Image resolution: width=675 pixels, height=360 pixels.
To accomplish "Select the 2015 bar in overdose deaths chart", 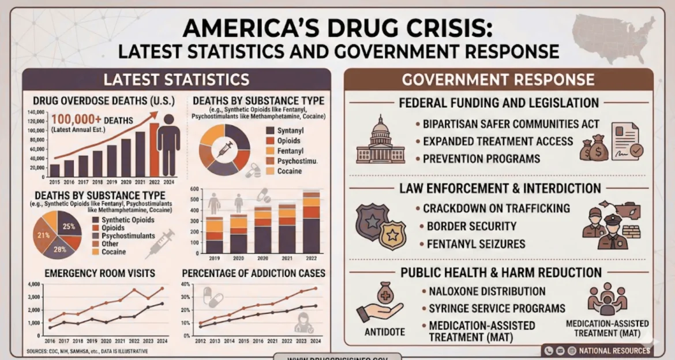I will pos(55,170).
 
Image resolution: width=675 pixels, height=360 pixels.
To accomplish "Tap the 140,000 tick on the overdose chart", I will pos(36,112).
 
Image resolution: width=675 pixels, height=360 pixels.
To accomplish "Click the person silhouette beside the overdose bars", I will pos(168,144).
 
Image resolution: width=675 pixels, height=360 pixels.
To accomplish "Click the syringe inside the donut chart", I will pos(224,149).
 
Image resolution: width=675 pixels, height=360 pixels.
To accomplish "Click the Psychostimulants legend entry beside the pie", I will pos(127,236).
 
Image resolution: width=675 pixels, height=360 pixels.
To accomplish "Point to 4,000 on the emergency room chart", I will pos(33,284).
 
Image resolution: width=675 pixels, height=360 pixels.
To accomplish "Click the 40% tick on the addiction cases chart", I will pos(186,284).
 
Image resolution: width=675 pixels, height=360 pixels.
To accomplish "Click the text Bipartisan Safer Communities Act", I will pos(511,124).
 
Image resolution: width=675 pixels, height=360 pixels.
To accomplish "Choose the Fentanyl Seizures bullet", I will pos(476,244).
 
